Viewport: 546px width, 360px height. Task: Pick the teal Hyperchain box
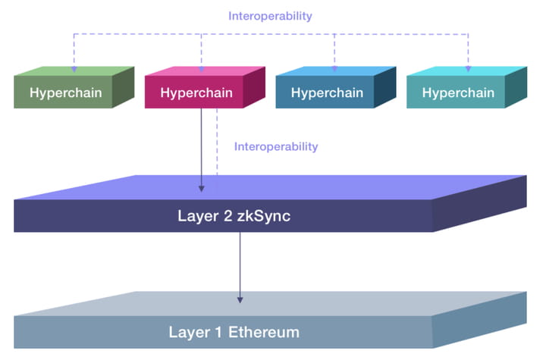[458, 93]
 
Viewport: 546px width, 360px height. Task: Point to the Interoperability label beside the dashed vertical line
[276, 146]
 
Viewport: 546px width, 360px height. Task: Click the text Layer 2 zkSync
[234, 216]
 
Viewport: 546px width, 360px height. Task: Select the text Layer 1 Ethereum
[234, 332]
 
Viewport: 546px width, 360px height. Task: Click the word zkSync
[263, 216]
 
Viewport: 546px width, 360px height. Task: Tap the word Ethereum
[263, 332]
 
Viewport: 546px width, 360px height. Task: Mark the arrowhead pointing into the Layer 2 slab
[202, 187]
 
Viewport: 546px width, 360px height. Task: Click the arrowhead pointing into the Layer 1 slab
[240, 299]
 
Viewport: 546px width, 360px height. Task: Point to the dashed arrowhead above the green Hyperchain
[74, 69]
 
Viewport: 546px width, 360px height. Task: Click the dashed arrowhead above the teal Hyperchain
[468, 69]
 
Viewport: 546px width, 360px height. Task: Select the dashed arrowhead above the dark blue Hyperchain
[335, 69]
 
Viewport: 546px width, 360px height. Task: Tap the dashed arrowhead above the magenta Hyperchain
[202, 69]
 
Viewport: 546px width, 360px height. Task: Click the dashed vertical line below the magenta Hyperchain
[217, 144]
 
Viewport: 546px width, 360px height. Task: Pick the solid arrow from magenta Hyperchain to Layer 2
[202, 148]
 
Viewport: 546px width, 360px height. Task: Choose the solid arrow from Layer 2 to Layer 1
[240, 265]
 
